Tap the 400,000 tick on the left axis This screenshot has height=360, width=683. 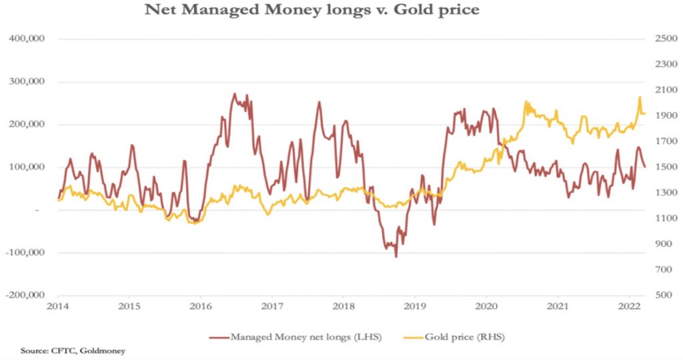26,39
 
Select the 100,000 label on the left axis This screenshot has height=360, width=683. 26,167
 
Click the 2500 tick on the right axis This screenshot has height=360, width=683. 664,39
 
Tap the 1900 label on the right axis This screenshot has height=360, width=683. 664,115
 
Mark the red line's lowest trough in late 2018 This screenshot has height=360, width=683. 396,256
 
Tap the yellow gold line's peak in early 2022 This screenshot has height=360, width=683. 640,97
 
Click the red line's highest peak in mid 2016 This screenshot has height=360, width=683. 235,94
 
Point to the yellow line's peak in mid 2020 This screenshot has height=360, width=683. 526,102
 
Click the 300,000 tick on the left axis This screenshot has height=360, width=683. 26,81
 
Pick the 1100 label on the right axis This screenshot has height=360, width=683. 664,218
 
